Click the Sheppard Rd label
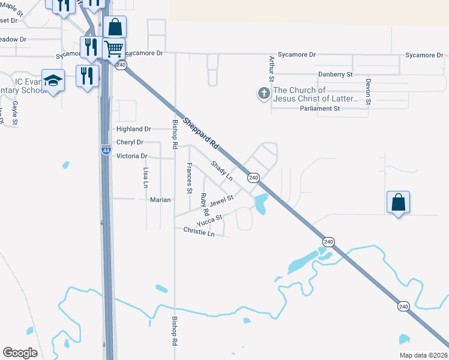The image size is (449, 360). pos(200,133)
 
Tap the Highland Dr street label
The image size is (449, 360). pos(133,129)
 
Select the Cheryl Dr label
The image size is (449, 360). pos(130,142)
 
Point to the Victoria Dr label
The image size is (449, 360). pos(131,156)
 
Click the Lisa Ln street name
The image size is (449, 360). pos(146,178)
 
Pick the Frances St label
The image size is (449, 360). pos(189,178)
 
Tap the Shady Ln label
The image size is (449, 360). pos(221,170)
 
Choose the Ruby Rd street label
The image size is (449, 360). pos(205,205)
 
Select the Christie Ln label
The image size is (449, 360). pos(199,232)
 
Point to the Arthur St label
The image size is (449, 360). pos(272,68)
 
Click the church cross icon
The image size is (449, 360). pos(263,94)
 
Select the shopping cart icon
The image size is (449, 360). pos(113,48)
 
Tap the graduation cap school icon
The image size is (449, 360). pos(53,80)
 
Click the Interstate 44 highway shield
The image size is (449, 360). pos(106,150)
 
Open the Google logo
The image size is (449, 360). pos(20,352)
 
